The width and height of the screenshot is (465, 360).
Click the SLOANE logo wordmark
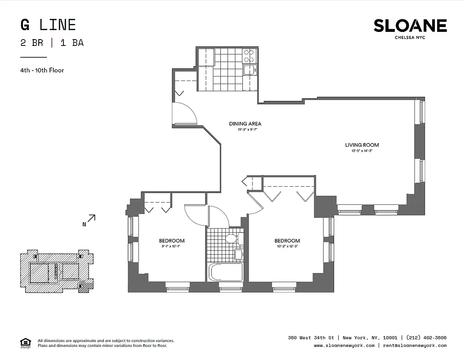(410, 26)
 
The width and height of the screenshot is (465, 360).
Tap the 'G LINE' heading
(48, 25)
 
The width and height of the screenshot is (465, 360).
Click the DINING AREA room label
(245, 124)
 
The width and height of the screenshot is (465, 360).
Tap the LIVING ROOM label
(362, 145)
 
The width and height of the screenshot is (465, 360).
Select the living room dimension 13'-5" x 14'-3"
(362, 151)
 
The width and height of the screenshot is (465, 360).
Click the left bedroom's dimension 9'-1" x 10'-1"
(171, 247)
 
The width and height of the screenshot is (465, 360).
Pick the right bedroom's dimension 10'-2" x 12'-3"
(287, 247)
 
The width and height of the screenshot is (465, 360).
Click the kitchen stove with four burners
(249, 56)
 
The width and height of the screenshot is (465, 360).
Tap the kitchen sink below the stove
(249, 70)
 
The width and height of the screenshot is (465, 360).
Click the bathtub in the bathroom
(226, 272)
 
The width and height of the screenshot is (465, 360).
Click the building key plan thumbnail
(57, 271)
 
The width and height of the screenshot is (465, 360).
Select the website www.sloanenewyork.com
(344, 346)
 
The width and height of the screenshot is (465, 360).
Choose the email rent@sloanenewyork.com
(414, 346)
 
